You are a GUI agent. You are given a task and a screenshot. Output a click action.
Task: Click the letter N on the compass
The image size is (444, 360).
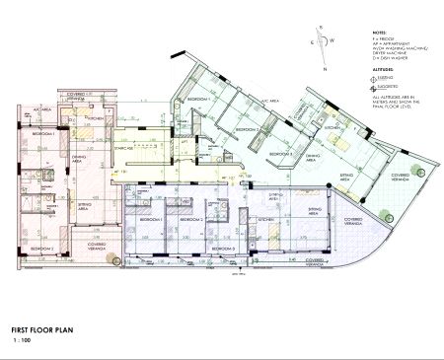pyautogui.click(x=323, y=27)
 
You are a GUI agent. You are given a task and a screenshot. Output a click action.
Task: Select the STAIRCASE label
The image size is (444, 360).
pyautogui.click(x=123, y=150)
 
